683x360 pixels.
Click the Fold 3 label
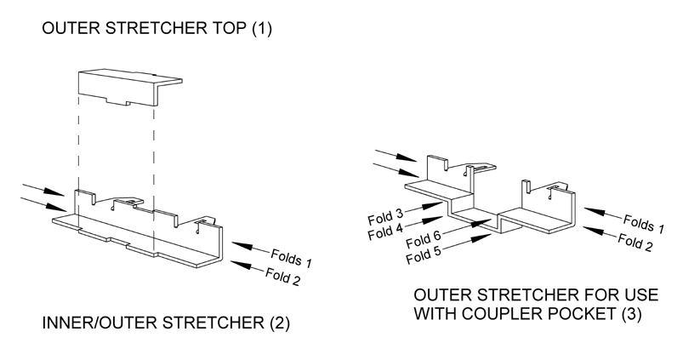point(384,212)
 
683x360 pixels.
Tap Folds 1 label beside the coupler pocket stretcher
point(643,223)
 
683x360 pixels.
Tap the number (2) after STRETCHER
point(247,324)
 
